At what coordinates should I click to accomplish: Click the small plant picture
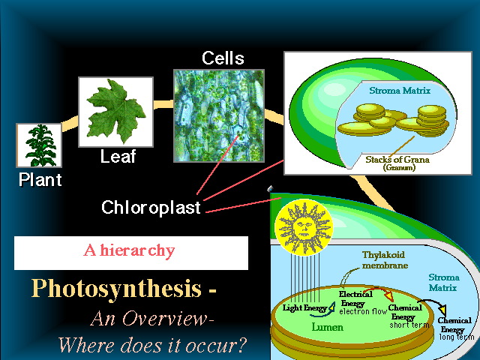39,145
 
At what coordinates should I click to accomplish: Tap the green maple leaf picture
115,112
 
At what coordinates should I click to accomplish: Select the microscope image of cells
219,115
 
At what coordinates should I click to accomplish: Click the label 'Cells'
223,58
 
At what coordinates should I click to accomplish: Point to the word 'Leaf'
118,157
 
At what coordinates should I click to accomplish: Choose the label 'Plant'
40,179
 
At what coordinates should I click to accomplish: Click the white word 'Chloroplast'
151,208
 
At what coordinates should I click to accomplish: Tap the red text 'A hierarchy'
129,250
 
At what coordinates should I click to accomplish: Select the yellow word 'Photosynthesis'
117,288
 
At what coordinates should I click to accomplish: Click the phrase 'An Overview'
150,318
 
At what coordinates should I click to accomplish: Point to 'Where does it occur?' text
152,345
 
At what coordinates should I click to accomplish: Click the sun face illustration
304,227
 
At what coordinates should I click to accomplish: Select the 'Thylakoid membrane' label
384,260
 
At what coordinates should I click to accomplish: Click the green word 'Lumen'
327,327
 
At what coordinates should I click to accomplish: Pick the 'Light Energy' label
304,307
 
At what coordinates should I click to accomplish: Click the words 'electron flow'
363,312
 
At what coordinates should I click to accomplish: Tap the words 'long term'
457,337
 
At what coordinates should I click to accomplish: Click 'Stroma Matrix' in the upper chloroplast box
400,91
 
